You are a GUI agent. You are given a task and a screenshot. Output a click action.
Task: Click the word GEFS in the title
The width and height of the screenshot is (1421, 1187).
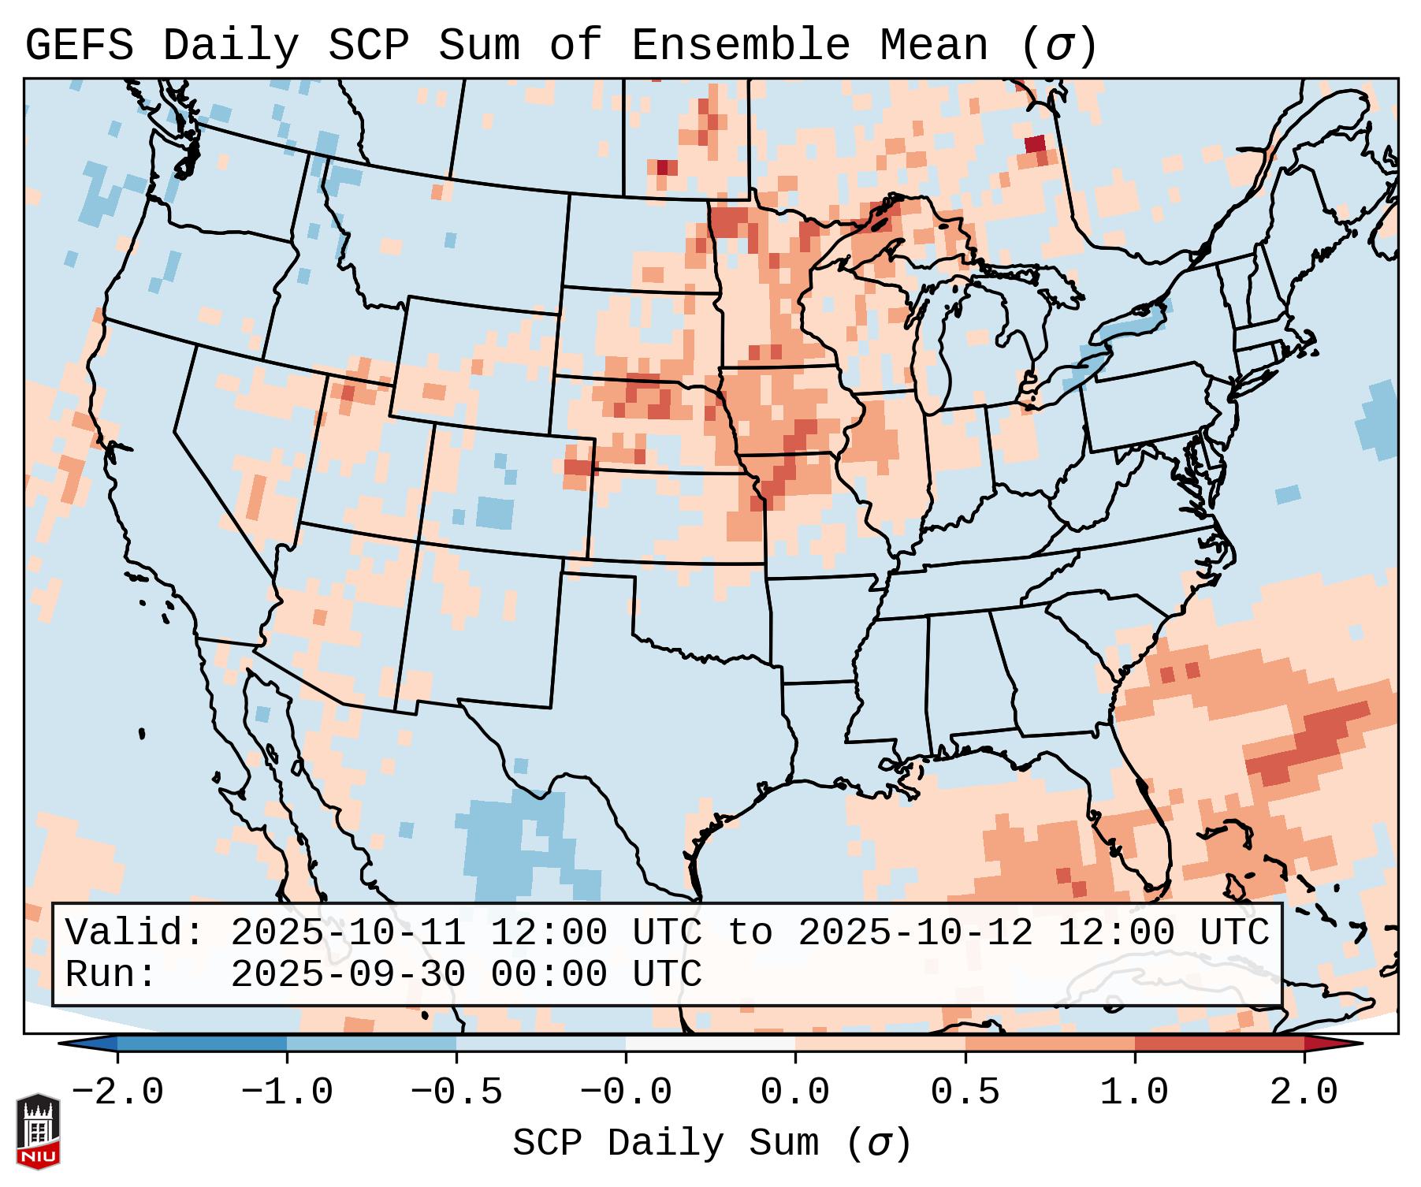(x=79, y=45)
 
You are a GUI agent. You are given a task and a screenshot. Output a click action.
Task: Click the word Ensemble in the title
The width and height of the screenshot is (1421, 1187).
(x=741, y=45)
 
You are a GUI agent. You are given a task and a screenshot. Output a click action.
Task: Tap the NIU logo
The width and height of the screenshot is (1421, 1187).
(x=38, y=1131)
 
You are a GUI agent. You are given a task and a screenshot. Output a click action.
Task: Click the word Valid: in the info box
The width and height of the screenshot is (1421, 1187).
(x=135, y=932)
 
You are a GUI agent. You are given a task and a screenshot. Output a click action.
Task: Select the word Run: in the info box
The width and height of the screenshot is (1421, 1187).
(x=111, y=974)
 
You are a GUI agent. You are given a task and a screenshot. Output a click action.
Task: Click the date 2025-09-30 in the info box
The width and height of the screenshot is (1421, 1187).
(x=348, y=974)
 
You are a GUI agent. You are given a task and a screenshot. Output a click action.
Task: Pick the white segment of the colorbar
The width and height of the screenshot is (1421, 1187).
(x=710, y=1044)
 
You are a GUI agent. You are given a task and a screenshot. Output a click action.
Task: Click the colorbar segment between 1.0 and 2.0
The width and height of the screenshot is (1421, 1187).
(x=1219, y=1044)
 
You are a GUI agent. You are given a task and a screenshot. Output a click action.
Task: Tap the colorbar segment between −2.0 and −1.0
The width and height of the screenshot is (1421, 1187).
(x=202, y=1044)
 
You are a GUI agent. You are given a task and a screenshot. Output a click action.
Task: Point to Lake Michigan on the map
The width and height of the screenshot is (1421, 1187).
(x=934, y=347)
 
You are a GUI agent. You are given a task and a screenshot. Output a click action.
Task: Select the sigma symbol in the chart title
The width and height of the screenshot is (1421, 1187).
(x=1058, y=45)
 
